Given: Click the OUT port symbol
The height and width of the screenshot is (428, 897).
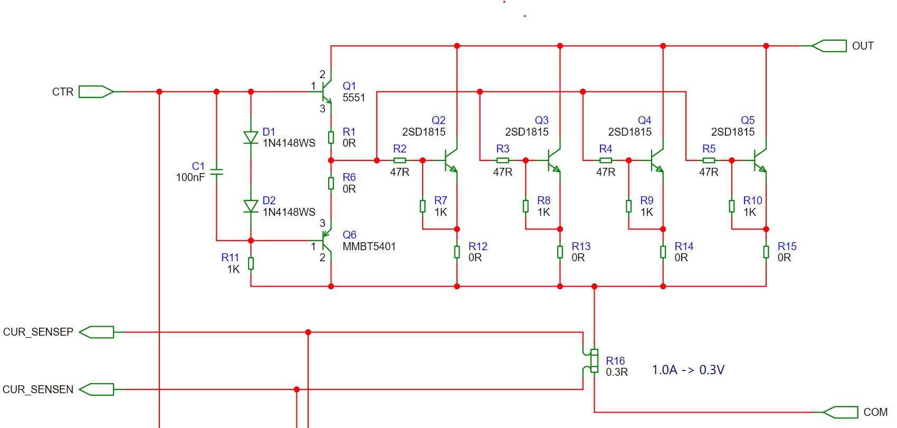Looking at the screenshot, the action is click(829, 46).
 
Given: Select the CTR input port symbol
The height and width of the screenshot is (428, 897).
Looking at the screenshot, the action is click(96, 92).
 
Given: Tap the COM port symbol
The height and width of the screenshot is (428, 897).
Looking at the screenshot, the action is click(841, 412).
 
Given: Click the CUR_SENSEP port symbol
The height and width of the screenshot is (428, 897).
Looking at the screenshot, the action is click(97, 332).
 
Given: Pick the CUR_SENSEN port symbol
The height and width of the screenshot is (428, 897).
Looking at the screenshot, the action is click(97, 389).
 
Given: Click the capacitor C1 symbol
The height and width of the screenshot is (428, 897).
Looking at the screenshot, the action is click(217, 172).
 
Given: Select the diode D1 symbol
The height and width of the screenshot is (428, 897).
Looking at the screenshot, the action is click(251, 137).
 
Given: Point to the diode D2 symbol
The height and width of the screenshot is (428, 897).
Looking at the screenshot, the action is click(251, 206).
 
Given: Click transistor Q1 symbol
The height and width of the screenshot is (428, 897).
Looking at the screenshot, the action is click(326, 92).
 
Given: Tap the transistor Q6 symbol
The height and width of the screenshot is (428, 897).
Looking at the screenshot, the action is click(326, 241).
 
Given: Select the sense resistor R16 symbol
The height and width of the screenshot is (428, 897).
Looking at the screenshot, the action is click(592, 361).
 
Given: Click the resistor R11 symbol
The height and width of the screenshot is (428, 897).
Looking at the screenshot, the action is click(251, 263).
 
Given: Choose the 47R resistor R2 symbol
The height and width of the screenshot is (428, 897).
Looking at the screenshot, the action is click(399, 160).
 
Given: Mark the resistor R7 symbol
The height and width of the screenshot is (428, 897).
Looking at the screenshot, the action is click(423, 206).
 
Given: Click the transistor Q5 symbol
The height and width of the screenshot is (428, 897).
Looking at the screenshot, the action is click(759, 160).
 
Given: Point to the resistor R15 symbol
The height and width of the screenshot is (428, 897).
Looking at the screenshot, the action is click(766, 252).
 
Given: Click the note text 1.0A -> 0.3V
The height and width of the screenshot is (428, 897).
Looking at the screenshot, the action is click(688, 369).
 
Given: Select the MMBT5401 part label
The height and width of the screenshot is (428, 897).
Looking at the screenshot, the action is click(369, 246).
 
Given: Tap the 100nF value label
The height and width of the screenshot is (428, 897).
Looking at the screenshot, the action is click(190, 177).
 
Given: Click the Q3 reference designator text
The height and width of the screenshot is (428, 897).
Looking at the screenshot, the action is click(541, 120).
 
